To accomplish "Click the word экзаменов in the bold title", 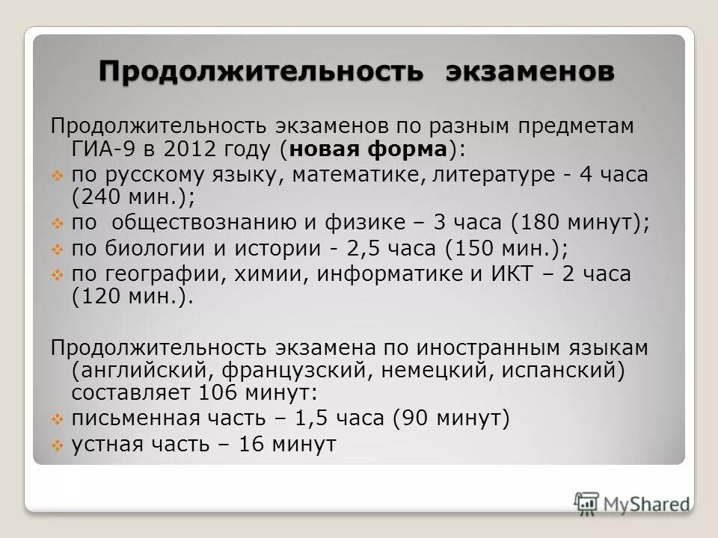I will pyautogui.click(x=530, y=72).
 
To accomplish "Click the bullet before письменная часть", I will pyautogui.click(x=58, y=419).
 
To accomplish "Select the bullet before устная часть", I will pyautogui.click(x=58, y=445).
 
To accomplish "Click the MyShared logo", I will pyautogui.click(x=631, y=503).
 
